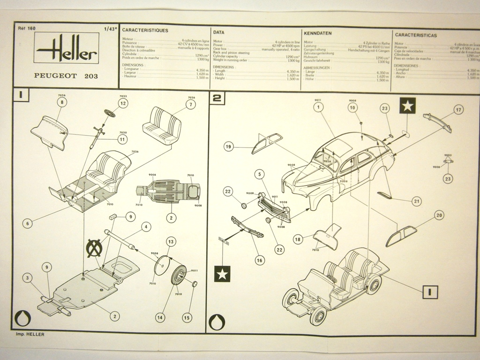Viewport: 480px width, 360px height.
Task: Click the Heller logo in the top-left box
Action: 66,49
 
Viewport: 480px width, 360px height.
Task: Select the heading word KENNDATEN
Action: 317,34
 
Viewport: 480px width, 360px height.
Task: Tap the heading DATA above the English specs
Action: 218,33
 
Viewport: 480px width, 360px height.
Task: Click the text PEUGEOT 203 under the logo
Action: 66,75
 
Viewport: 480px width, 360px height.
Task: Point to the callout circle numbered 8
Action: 62,102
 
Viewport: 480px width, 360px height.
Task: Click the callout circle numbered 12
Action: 123,103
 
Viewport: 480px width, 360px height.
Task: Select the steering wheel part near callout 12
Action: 110,113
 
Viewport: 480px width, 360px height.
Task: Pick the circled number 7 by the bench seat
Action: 190,105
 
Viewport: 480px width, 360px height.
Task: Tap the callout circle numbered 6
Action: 27,224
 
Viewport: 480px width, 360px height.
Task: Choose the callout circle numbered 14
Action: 160,317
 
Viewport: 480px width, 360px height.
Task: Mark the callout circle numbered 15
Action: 187,317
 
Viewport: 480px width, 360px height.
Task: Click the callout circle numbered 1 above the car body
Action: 318,107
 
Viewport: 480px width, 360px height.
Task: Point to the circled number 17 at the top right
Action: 458,110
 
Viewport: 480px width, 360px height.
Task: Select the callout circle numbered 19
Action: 228,147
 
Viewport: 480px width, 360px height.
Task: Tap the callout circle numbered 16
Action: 260,260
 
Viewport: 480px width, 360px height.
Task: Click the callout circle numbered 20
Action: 439,215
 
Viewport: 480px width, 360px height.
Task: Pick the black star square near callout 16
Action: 222,274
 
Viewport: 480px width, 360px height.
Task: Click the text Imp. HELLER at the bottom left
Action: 30,334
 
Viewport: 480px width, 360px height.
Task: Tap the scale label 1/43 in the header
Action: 111,29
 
